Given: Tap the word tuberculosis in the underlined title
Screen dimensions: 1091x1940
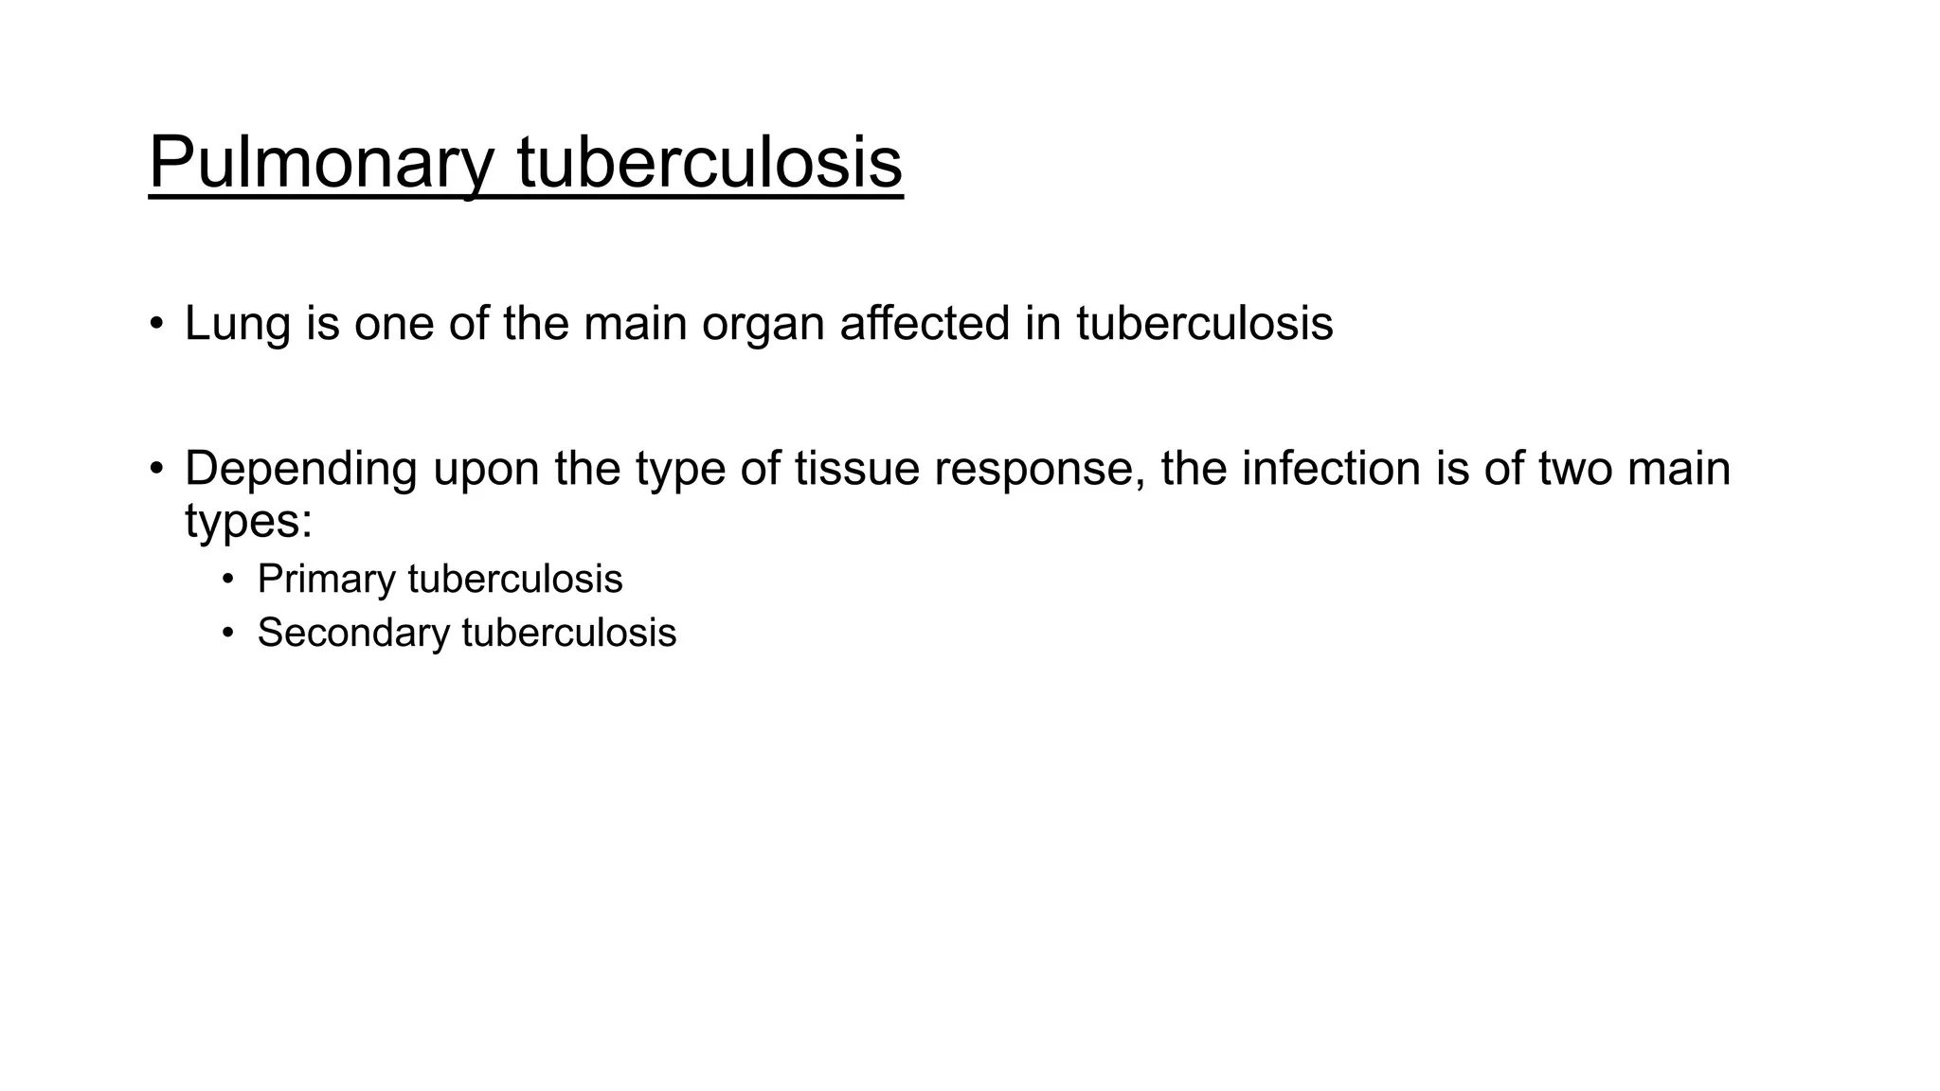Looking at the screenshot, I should click(x=710, y=162).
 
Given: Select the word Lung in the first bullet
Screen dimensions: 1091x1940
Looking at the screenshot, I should click(x=238, y=324).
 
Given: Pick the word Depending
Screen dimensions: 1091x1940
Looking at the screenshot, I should click(x=300, y=470).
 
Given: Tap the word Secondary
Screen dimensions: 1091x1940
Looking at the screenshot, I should click(x=352, y=634).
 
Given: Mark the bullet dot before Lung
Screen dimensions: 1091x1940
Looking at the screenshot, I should click(x=156, y=324).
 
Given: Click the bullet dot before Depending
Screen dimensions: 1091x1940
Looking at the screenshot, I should click(x=156, y=469).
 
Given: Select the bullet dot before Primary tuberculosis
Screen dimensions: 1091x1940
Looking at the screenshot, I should click(x=227, y=579).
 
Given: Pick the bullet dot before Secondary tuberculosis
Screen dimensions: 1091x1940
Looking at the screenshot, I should click(x=227, y=633).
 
